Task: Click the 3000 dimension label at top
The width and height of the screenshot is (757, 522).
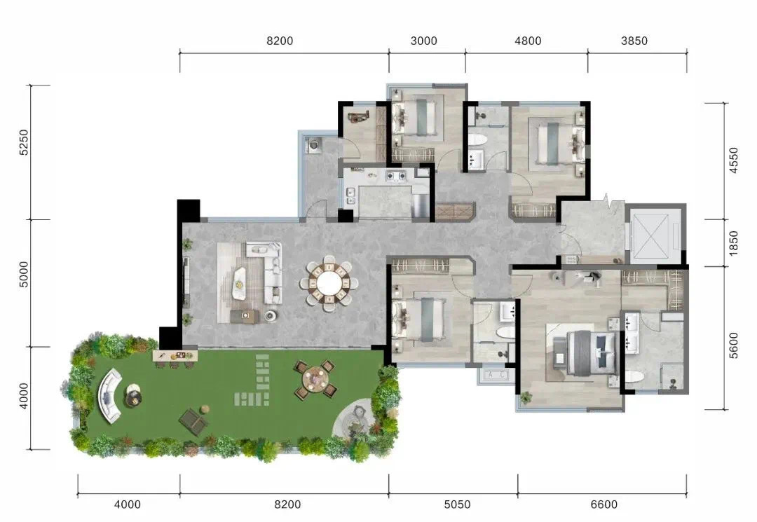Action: [423, 41]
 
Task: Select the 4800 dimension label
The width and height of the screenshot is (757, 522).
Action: [528, 41]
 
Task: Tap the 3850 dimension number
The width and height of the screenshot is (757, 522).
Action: [634, 41]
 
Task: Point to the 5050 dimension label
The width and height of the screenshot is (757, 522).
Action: [457, 504]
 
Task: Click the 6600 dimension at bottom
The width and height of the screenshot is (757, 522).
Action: [604, 504]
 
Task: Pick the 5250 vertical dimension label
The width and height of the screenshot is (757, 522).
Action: [24, 142]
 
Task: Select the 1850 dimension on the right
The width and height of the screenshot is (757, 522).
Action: [733, 244]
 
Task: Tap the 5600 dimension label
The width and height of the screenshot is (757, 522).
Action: [733, 345]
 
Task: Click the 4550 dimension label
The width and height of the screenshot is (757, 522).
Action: [733, 160]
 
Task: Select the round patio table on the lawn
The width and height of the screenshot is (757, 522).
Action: [315, 380]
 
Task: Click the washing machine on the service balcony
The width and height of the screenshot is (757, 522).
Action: [313, 145]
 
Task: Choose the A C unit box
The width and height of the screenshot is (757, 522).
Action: [496, 374]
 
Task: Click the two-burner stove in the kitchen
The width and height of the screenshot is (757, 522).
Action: [395, 176]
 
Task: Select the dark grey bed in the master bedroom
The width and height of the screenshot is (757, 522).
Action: [592, 352]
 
